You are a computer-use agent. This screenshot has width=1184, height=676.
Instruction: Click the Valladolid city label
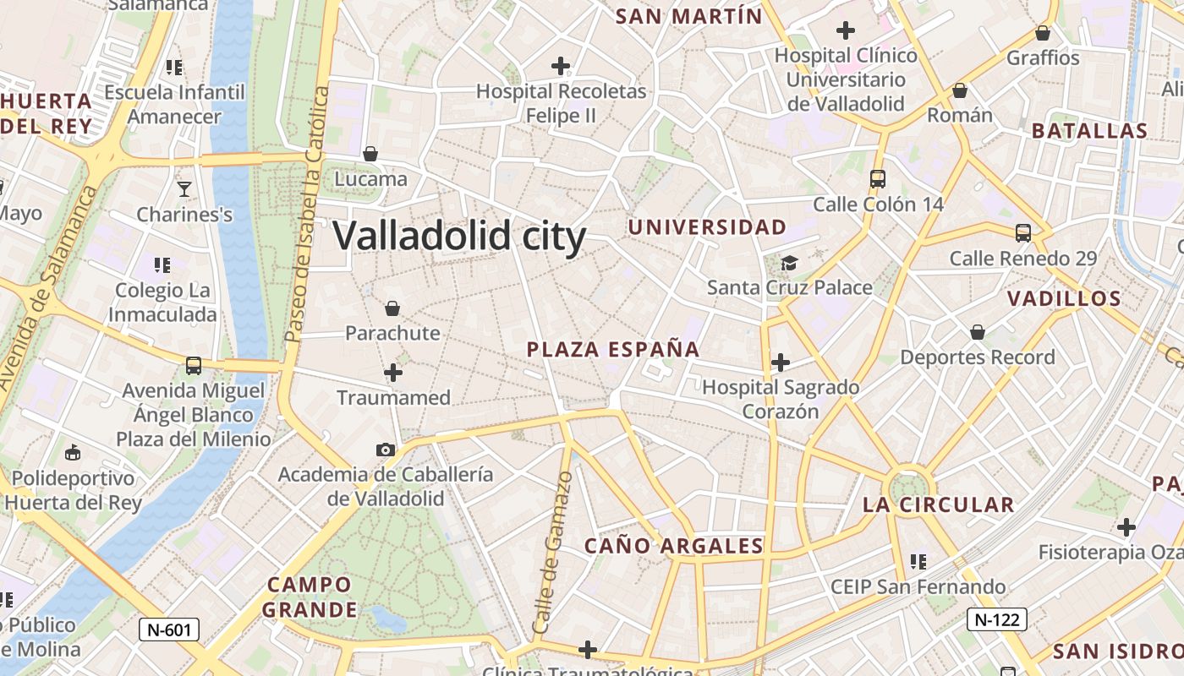[x=459, y=236]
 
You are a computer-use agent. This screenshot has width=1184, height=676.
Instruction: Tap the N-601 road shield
[x=169, y=630]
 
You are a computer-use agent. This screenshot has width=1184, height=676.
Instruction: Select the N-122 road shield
[x=996, y=619]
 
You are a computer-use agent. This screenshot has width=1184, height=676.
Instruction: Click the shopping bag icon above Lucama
[x=370, y=154]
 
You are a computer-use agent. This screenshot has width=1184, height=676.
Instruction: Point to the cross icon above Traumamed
[x=392, y=372]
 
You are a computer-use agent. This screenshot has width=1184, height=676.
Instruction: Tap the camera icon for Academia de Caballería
[x=385, y=450]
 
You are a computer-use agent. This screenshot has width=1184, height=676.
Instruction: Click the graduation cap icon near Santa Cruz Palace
[x=789, y=263]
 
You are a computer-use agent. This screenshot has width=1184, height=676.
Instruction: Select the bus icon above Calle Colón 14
[x=877, y=179]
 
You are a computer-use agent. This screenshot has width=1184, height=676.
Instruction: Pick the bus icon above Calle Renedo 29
[x=1022, y=233]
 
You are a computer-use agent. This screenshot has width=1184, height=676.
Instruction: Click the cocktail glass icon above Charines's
[x=184, y=189]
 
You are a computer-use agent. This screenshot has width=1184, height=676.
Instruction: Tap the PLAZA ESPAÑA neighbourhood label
[x=613, y=349]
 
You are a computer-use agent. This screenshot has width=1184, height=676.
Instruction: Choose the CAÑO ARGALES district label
[x=674, y=546]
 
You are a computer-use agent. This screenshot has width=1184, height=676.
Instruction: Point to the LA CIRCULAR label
[x=938, y=505]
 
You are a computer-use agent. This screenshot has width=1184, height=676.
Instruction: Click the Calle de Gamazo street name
[x=554, y=553]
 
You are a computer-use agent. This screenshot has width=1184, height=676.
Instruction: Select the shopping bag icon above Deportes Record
[x=977, y=332]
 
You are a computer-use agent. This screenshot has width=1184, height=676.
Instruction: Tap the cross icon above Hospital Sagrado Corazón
[x=780, y=363]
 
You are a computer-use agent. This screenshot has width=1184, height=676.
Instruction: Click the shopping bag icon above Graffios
[x=1042, y=33]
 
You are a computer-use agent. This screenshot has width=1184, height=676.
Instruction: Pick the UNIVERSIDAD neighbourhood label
[x=707, y=227]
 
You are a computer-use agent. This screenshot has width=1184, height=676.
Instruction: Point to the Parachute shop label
[x=392, y=333]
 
